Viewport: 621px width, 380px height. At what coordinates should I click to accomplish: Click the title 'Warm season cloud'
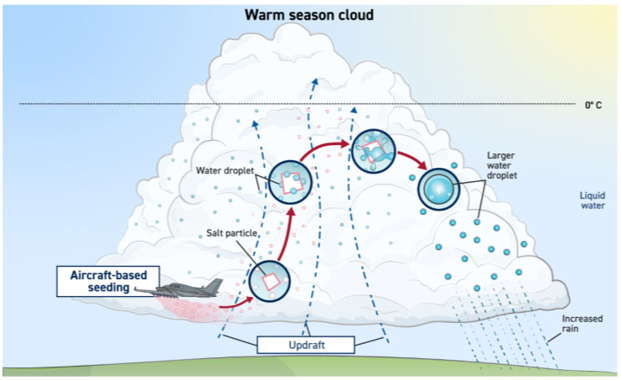tap(308, 15)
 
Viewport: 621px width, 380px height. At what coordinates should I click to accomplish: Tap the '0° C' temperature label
tap(593, 105)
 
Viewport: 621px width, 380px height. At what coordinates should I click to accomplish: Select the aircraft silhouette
tap(189, 289)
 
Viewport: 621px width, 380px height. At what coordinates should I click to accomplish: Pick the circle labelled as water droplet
tap(290, 180)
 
